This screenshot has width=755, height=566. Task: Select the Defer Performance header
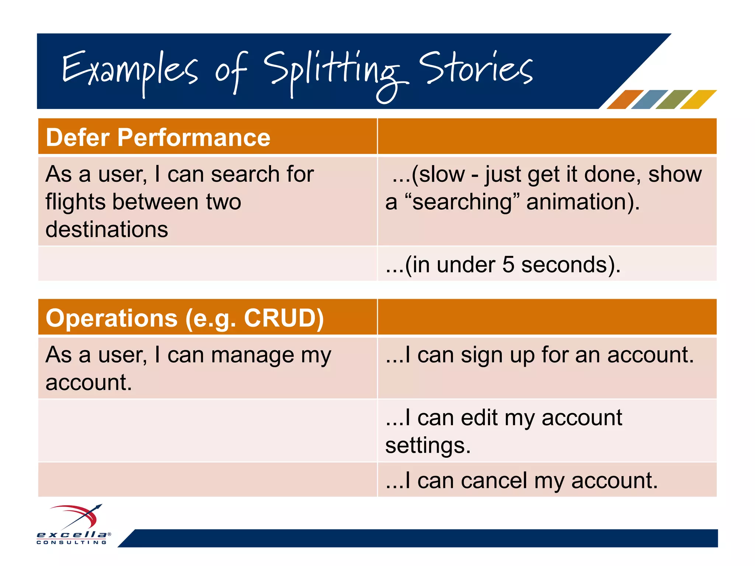[158, 137]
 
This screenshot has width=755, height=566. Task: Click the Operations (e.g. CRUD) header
[185, 318]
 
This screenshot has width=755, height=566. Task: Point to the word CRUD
[283, 318]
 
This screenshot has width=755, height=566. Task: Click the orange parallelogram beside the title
[624, 99]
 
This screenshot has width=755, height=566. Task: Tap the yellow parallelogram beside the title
[698, 99]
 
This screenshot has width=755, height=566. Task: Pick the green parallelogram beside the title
[674, 99]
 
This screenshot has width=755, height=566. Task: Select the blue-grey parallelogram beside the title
[649, 99]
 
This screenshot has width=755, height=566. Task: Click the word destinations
[107, 229]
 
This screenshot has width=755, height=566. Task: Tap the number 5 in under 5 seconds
[508, 265]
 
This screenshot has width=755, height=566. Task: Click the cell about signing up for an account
[540, 355]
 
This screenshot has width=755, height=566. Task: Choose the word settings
[428, 446]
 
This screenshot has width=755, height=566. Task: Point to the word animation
[582, 202]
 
